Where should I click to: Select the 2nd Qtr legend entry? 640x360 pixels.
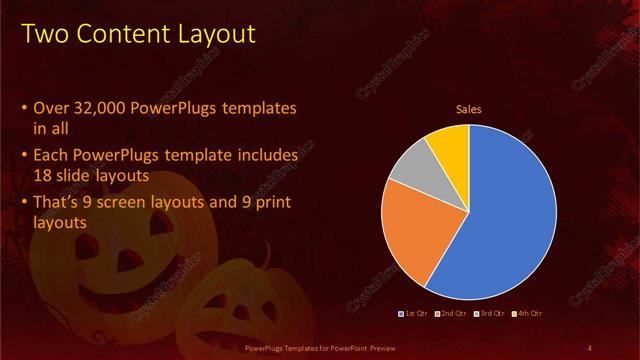(453, 313)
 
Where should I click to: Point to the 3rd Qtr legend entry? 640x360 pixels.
(491, 313)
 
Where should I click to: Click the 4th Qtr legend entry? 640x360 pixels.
(528, 313)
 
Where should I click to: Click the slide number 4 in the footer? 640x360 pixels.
(590, 347)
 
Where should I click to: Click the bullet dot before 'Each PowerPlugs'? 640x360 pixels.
(24, 157)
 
